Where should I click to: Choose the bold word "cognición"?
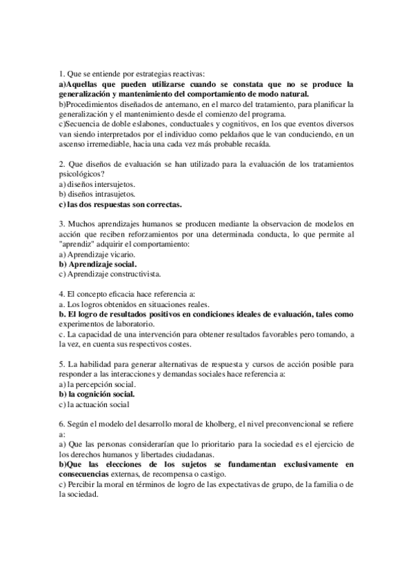(98, 395)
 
